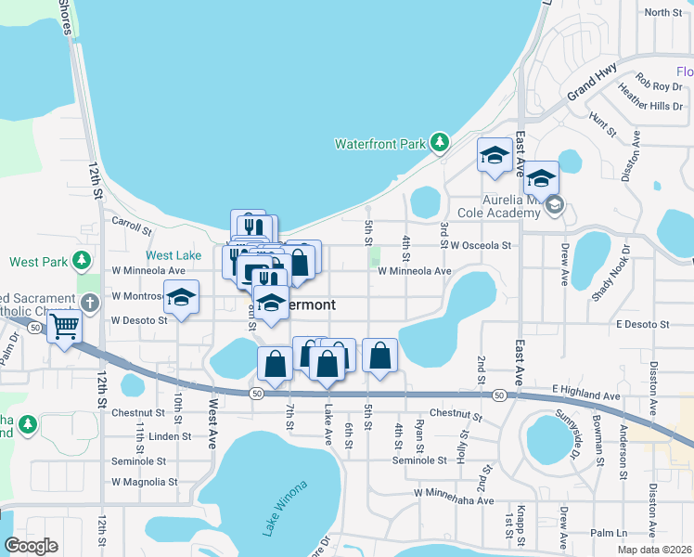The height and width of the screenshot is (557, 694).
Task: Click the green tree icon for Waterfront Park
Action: point(440,143)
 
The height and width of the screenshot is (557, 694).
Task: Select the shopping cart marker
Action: point(64,326)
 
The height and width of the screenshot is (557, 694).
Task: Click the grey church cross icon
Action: point(89,303)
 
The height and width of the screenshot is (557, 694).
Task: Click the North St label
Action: point(662,12)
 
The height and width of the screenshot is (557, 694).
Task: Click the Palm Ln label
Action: point(609,534)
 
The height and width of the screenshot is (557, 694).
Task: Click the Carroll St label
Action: point(131,226)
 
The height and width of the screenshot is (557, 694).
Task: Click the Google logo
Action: point(31,546)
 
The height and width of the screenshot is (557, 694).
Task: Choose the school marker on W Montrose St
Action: point(181,297)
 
